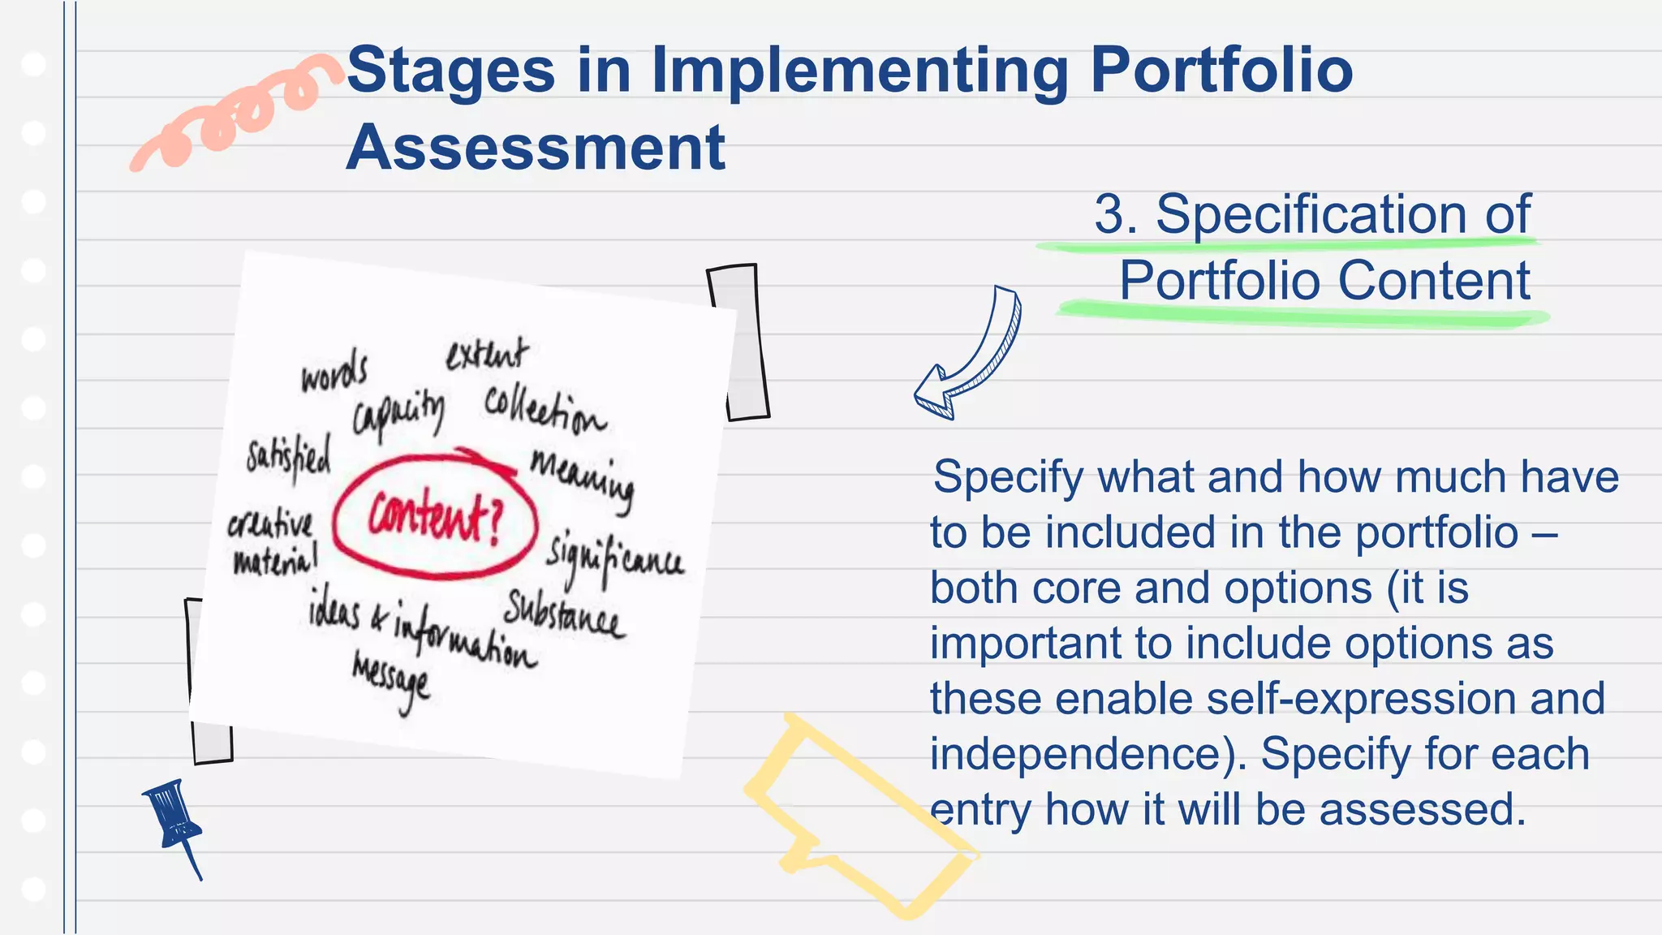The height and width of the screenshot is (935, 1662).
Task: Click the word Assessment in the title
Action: tap(536, 149)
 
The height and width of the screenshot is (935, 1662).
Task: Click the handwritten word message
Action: tap(391, 679)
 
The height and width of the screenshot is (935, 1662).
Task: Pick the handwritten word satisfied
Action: tap(289, 458)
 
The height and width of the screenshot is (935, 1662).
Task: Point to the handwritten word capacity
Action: tap(398, 414)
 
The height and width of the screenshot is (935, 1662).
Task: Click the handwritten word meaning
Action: tap(582, 479)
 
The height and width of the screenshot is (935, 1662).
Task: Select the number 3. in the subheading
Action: tap(1116, 215)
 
